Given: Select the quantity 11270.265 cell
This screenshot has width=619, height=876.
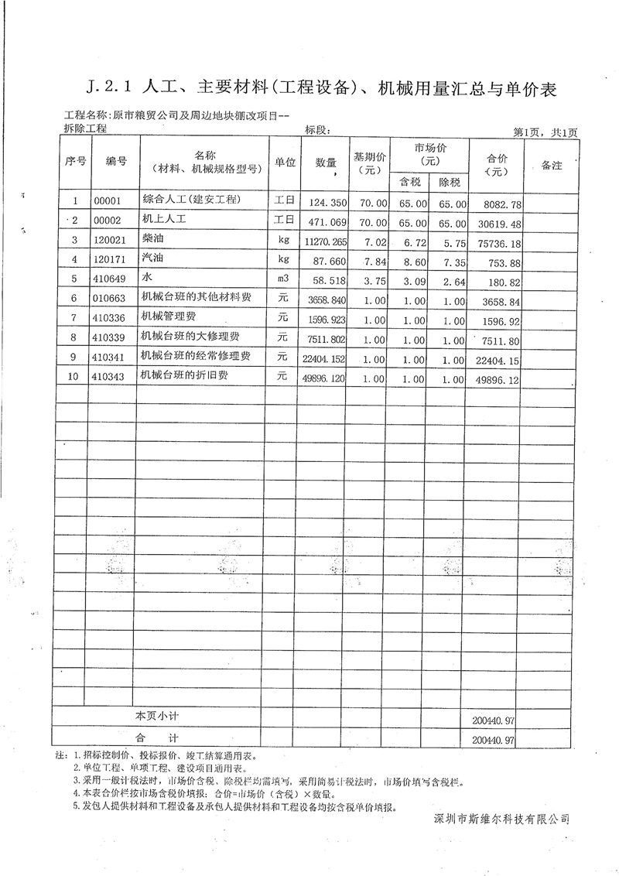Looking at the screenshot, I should click(x=320, y=241).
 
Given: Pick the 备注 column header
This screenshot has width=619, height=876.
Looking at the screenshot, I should click(x=551, y=166).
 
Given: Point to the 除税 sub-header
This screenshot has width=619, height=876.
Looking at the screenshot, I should click(x=450, y=183).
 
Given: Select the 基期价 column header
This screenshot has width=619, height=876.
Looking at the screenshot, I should click(x=369, y=163).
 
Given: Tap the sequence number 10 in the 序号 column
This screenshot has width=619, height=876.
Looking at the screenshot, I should click(x=74, y=376).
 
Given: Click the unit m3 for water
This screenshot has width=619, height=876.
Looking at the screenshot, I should click(x=282, y=278).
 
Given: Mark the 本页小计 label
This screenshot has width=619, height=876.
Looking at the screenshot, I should click(x=157, y=716).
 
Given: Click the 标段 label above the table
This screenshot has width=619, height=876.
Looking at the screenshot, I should click(x=320, y=129).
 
